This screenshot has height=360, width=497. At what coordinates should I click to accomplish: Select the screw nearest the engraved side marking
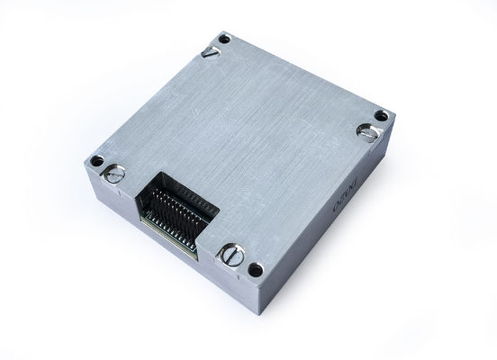[368, 132]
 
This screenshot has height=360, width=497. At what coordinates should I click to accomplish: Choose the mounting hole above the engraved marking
[382, 114]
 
